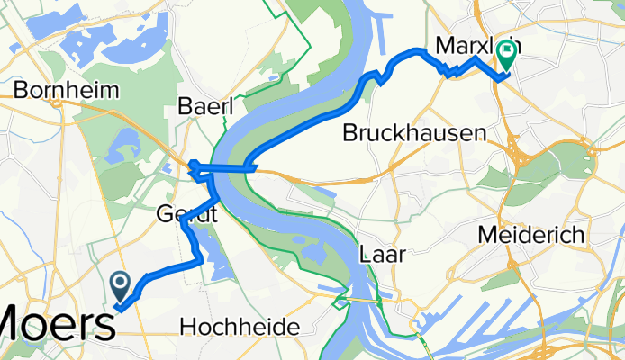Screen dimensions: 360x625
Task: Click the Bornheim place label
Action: (x=57, y=91)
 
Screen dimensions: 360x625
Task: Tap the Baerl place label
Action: (x=205, y=106)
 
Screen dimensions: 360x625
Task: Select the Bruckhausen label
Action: (x=415, y=133)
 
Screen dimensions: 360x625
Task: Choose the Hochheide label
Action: (x=240, y=328)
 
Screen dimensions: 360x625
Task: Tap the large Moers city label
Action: (x=56, y=322)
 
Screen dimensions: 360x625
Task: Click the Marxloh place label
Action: (x=468, y=45)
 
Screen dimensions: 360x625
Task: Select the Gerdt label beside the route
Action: (x=187, y=215)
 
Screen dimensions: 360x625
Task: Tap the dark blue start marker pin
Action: (x=121, y=286)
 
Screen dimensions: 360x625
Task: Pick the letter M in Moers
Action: (x=17, y=323)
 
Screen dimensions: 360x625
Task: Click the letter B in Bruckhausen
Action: (x=351, y=133)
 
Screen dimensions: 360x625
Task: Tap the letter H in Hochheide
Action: (x=188, y=328)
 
